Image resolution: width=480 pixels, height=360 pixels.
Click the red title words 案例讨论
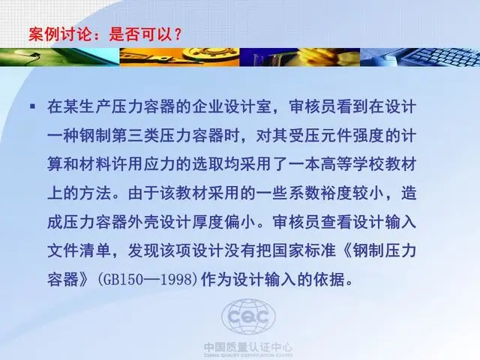click(60, 34)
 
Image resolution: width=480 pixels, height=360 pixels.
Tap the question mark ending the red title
click(177, 34)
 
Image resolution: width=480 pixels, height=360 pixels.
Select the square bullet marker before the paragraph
click(32, 106)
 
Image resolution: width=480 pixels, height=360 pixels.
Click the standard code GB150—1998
click(148, 280)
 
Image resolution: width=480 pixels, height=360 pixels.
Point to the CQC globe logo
click(248, 316)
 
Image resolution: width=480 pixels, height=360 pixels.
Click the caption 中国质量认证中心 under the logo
click(248, 347)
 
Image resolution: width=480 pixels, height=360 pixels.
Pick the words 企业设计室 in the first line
click(232, 106)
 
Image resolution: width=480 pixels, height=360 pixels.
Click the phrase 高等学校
click(352, 164)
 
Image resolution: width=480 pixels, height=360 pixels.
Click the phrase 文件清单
click(79, 250)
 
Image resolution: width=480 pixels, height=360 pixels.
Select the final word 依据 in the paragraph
click(328, 280)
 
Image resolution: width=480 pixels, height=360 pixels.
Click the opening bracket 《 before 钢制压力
click(345, 250)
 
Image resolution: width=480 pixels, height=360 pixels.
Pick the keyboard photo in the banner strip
click(420, 57)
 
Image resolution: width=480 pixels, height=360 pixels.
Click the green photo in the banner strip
click(60, 57)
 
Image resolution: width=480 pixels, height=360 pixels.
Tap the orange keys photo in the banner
click(179, 57)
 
